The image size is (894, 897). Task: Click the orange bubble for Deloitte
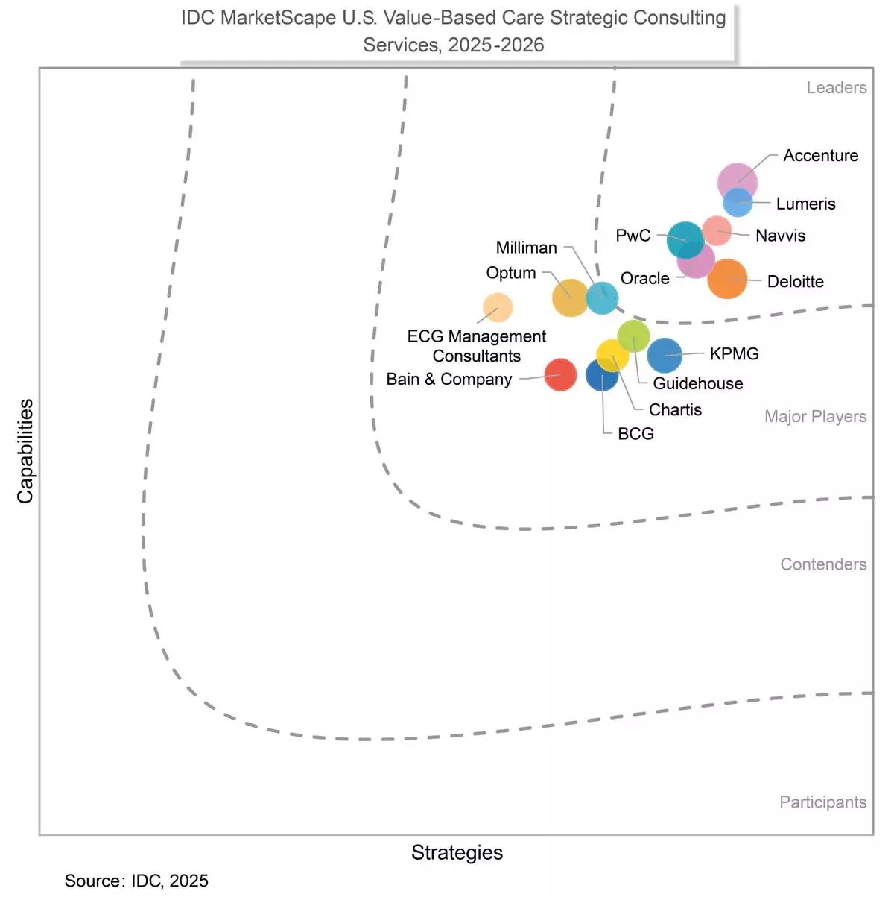point(727,279)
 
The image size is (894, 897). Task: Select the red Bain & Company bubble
point(560,374)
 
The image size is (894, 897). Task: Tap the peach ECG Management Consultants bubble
point(498,307)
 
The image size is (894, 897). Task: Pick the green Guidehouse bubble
point(634,335)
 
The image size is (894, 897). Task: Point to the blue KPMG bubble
point(665,356)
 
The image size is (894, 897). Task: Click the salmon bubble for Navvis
point(717,230)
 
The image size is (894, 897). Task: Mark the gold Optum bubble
point(570,298)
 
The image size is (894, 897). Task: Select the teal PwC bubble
point(685,239)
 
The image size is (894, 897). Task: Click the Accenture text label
point(820,156)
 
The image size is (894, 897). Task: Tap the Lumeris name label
point(805,204)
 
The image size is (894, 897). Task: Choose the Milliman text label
point(526,248)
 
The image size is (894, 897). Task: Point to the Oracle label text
point(644,279)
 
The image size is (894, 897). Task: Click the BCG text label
point(635,434)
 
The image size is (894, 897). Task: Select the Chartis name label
point(675,410)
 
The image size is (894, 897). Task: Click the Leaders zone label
point(836,88)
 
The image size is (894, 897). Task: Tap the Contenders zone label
point(822,564)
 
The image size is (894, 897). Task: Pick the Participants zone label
point(822,802)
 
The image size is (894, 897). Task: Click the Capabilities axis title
point(25,451)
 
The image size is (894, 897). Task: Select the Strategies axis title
point(457,853)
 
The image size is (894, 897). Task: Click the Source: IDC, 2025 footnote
point(136,881)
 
